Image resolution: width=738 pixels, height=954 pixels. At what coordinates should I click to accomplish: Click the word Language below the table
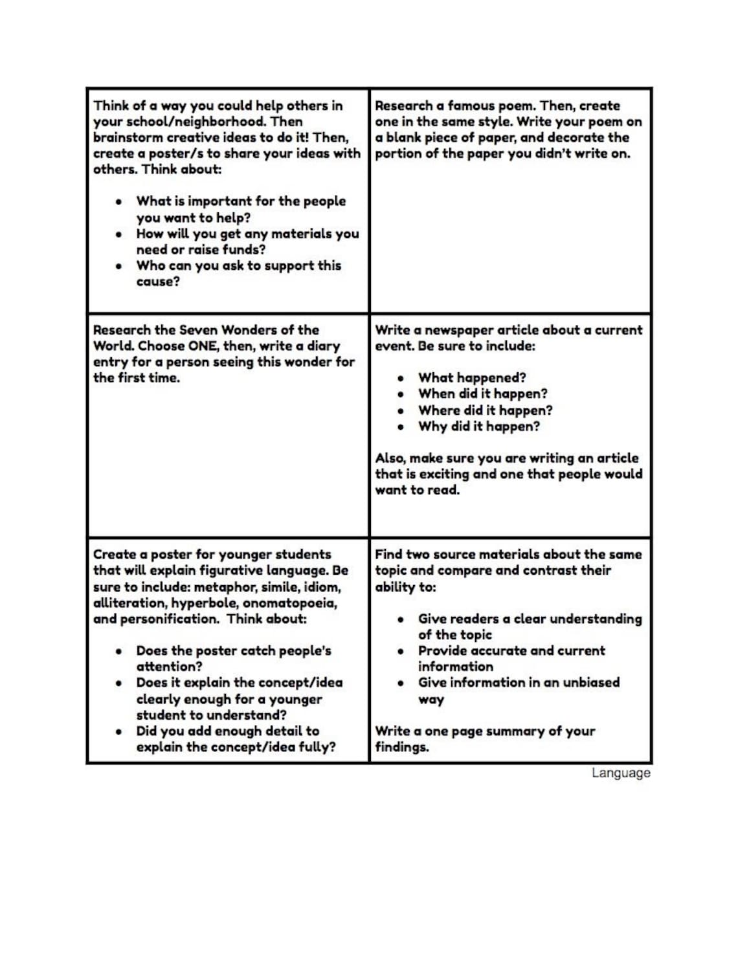pyautogui.click(x=620, y=773)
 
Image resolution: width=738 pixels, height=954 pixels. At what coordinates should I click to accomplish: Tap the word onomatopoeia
pyautogui.click(x=289, y=603)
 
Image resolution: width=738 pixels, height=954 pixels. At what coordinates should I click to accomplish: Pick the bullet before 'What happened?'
pyautogui.click(x=401, y=378)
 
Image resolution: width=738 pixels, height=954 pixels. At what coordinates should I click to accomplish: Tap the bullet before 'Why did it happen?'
pyautogui.click(x=401, y=427)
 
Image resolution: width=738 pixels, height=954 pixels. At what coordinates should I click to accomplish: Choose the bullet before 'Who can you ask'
pyautogui.click(x=119, y=266)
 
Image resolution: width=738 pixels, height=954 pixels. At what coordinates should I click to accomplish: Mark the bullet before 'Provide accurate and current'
pyautogui.click(x=401, y=651)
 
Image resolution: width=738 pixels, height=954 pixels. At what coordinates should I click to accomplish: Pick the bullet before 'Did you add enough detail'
pyautogui.click(x=119, y=731)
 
